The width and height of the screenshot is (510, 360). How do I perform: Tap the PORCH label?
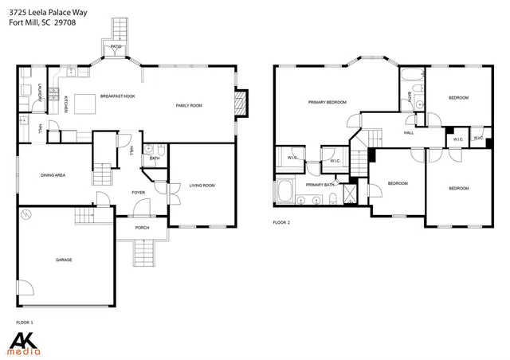[x=142, y=228]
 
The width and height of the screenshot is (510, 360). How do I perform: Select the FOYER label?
[x=139, y=193]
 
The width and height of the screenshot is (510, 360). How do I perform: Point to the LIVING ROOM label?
[x=202, y=186]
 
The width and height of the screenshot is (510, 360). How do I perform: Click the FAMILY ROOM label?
[x=190, y=105]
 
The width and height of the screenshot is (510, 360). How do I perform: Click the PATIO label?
[x=116, y=47]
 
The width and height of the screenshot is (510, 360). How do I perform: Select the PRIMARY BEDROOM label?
[x=328, y=102]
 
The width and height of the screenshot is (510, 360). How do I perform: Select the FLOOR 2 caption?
[x=281, y=222]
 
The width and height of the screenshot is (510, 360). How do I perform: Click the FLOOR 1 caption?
[x=24, y=322]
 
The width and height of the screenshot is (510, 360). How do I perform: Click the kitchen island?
[x=84, y=108]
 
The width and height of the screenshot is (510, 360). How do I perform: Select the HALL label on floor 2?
[x=408, y=132]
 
